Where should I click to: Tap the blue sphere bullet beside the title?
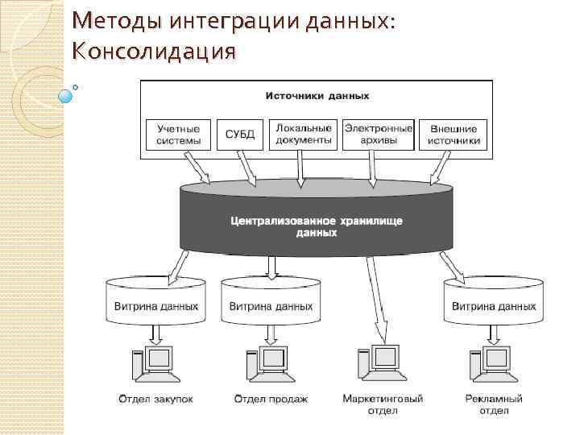(66, 96)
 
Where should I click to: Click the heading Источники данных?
(317, 96)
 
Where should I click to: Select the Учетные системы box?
(178, 135)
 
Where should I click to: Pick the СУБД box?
(238, 135)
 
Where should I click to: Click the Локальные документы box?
(304, 135)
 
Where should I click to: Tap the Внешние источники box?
(454, 135)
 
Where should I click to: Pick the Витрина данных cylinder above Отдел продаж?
(271, 302)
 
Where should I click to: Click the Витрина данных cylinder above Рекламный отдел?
(493, 302)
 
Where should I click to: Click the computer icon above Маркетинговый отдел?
(382, 365)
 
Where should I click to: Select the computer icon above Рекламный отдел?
(492, 365)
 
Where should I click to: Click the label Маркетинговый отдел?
(382, 404)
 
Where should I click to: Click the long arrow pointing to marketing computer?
(374, 298)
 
